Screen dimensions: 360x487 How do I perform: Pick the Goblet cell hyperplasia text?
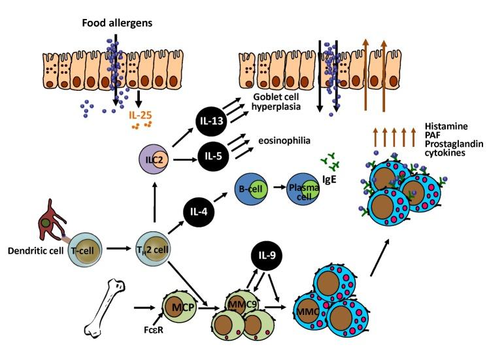284,101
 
